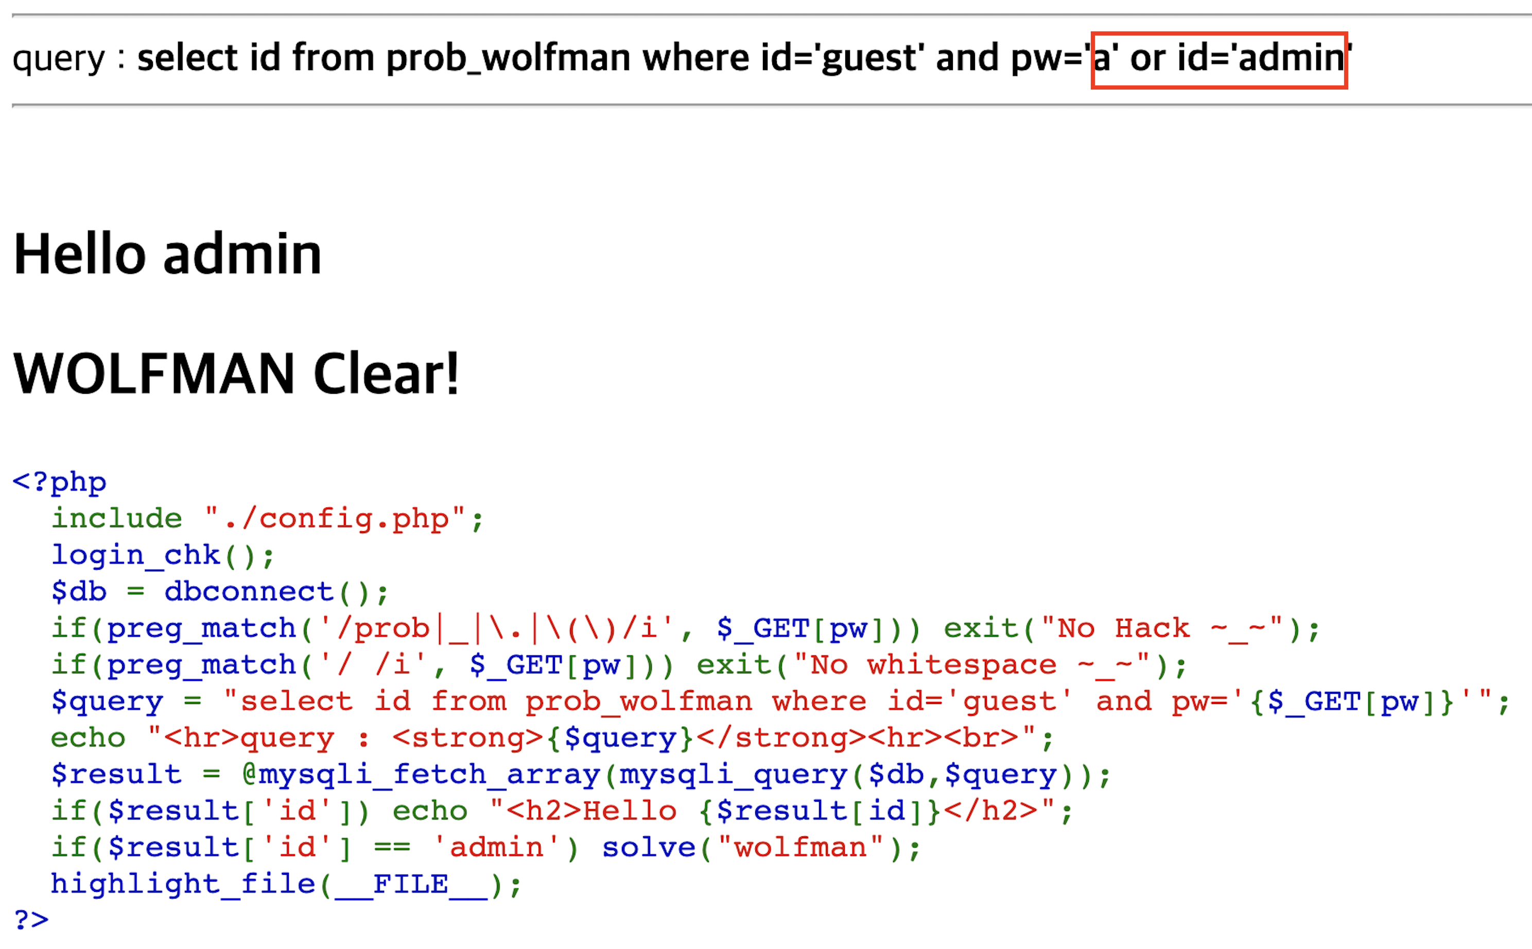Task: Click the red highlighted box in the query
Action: click(x=1218, y=60)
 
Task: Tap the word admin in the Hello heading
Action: click(x=242, y=254)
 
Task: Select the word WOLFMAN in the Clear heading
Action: click(x=154, y=374)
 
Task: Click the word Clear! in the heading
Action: click(x=386, y=374)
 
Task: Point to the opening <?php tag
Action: click(x=60, y=482)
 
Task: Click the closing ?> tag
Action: click(x=31, y=920)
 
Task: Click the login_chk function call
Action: click(x=135, y=555)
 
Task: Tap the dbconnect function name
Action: click(x=249, y=592)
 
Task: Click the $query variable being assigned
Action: click(x=107, y=701)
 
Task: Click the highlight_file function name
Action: click(x=183, y=884)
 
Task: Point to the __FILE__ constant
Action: click(x=411, y=884)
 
